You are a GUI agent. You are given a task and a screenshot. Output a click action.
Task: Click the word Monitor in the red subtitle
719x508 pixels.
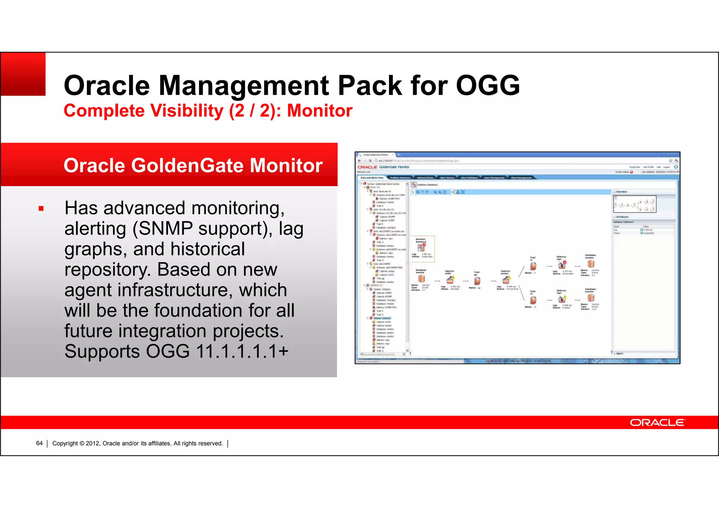[319, 111]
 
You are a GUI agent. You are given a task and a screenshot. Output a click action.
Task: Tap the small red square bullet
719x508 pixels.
[41, 209]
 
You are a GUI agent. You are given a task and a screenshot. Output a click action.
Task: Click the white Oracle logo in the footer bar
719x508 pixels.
[657, 422]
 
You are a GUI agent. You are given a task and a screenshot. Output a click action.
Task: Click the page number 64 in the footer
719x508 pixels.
[39, 443]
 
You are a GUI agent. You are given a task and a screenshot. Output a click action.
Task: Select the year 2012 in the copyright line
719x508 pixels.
[93, 443]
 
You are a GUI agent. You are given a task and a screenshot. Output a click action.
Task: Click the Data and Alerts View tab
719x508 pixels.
[372, 178]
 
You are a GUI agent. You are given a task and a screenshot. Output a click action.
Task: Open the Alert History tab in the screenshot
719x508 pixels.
[447, 178]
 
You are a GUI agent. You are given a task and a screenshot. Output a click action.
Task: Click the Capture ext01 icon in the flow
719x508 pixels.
[450, 280]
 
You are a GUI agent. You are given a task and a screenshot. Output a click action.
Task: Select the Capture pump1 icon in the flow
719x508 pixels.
[506, 280]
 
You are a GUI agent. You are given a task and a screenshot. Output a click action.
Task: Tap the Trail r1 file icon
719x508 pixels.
[533, 266]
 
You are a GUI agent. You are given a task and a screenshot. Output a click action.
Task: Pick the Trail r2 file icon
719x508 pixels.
[533, 300]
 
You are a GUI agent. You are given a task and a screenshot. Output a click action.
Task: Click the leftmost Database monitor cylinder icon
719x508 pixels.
[421, 279]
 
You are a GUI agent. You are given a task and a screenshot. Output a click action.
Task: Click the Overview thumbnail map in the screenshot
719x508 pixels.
[635, 204]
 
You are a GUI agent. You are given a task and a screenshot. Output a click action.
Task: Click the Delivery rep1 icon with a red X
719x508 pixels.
[562, 264]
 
